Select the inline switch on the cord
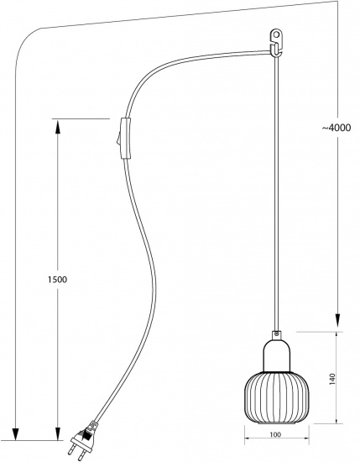126,139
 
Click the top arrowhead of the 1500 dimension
57,127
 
